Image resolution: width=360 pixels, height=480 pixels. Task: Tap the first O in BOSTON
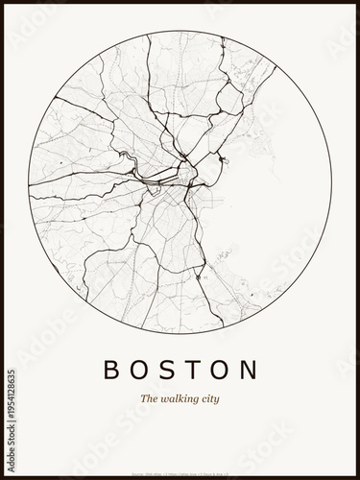137,370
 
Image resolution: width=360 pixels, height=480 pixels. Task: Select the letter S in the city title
166,370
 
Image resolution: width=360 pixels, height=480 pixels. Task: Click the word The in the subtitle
149,397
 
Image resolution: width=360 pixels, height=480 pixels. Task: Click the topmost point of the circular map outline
180,31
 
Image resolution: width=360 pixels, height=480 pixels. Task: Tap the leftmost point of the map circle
30,182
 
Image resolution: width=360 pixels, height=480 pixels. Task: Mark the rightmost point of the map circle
332,182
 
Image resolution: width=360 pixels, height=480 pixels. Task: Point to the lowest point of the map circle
180,333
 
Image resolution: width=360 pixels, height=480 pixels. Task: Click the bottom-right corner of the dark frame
357,477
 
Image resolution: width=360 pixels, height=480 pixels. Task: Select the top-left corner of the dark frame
3,3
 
